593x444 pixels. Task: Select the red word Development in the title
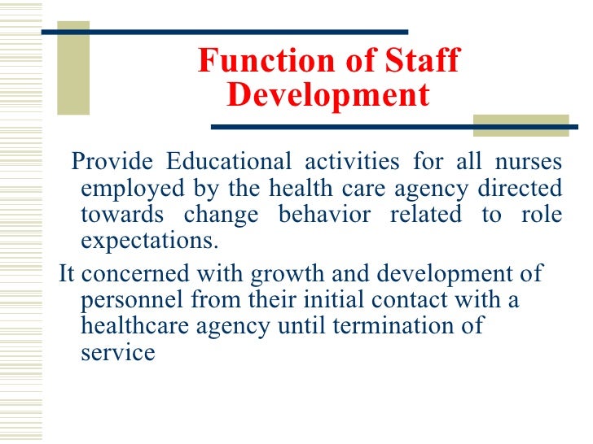click(x=327, y=96)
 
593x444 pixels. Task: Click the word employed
click(x=132, y=189)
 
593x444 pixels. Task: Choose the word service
click(x=118, y=353)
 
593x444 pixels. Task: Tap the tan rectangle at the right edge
click(x=521, y=124)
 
